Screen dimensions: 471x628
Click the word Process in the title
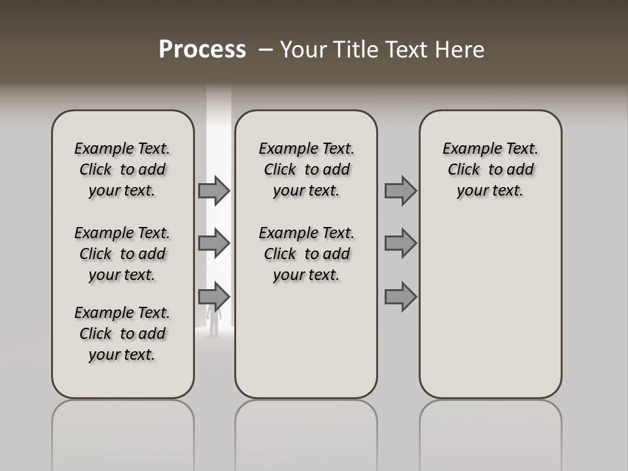[x=202, y=50]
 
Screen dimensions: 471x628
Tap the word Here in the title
[x=459, y=50]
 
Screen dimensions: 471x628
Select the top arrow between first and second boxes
[x=214, y=190]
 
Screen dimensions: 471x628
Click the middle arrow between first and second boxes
[x=214, y=243]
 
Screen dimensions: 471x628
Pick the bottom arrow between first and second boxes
[x=214, y=297]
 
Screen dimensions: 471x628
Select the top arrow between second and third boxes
[x=400, y=190]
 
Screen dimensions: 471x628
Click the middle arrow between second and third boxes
[x=400, y=243]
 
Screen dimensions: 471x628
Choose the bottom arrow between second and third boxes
[x=400, y=297]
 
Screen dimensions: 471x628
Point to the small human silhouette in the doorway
[x=213, y=321]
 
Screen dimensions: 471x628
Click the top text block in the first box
[x=122, y=169]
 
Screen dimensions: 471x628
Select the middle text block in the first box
[x=122, y=254]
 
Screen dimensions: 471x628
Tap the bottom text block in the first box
[x=122, y=334]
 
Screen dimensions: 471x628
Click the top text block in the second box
[x=306, y=169]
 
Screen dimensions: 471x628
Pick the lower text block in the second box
[x=306, y=254]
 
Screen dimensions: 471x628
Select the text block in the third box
[x=491, y=169]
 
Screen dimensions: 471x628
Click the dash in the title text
[x=266, y=50]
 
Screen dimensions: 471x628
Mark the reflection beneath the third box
[x=491, y=432]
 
